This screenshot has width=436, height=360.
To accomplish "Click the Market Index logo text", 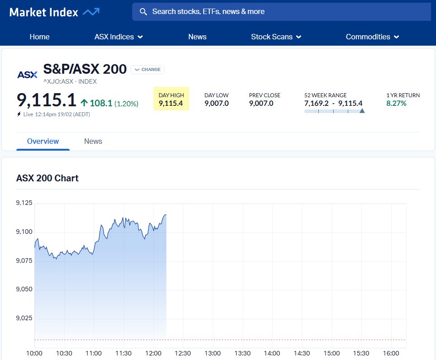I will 44,12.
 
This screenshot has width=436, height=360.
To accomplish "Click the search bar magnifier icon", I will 144,12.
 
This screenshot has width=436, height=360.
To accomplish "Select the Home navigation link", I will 39,37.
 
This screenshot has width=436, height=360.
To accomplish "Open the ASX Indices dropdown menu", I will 119,37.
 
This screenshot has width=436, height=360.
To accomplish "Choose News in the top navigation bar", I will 197,37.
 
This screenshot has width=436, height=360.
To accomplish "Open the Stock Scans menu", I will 276,37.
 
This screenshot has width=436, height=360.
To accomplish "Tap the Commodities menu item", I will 372,37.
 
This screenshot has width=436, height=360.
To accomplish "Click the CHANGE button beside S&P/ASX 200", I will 148,70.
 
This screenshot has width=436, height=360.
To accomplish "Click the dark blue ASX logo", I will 27,75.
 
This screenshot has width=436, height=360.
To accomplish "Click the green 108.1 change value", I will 101,103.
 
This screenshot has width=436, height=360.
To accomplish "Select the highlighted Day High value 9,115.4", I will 171,104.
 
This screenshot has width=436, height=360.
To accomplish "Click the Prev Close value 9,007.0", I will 261,104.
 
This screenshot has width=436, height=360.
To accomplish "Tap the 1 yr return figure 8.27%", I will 396,104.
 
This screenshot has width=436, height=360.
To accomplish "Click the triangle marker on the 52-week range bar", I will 362,110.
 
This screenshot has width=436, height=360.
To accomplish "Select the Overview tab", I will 43,141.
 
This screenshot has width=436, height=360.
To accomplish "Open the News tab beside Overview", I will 93,141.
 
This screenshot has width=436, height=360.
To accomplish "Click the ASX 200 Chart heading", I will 48,178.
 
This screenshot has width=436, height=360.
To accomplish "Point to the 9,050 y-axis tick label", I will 24,289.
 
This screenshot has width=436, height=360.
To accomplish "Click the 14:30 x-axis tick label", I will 302,353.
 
